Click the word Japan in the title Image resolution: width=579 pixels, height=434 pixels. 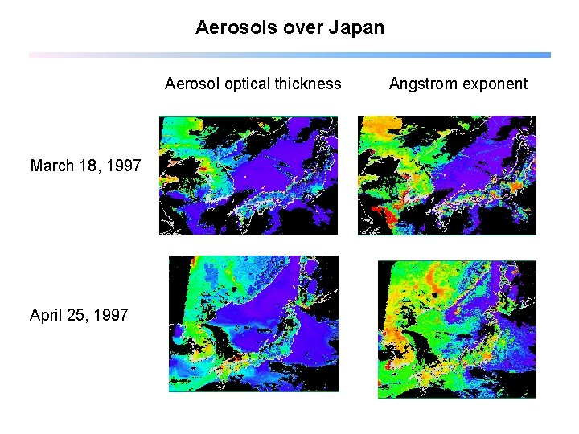coord(356,27)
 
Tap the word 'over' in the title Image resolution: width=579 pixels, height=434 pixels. coord(303,27)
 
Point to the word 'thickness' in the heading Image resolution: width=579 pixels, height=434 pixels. coord(308,84)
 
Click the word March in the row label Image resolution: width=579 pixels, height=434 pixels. coord(52,166)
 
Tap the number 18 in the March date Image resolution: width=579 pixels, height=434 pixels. coord(88,166)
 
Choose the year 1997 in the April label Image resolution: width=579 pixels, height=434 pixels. coord(111,315)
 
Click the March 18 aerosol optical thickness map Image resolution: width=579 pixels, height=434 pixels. coord(248,175)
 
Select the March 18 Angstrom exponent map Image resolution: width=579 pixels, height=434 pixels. coord(446,175)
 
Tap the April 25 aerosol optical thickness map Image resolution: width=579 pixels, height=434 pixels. coord(253,324)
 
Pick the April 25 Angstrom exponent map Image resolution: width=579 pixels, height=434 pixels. coord(457,329)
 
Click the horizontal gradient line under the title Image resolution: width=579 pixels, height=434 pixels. coord(289,55)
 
